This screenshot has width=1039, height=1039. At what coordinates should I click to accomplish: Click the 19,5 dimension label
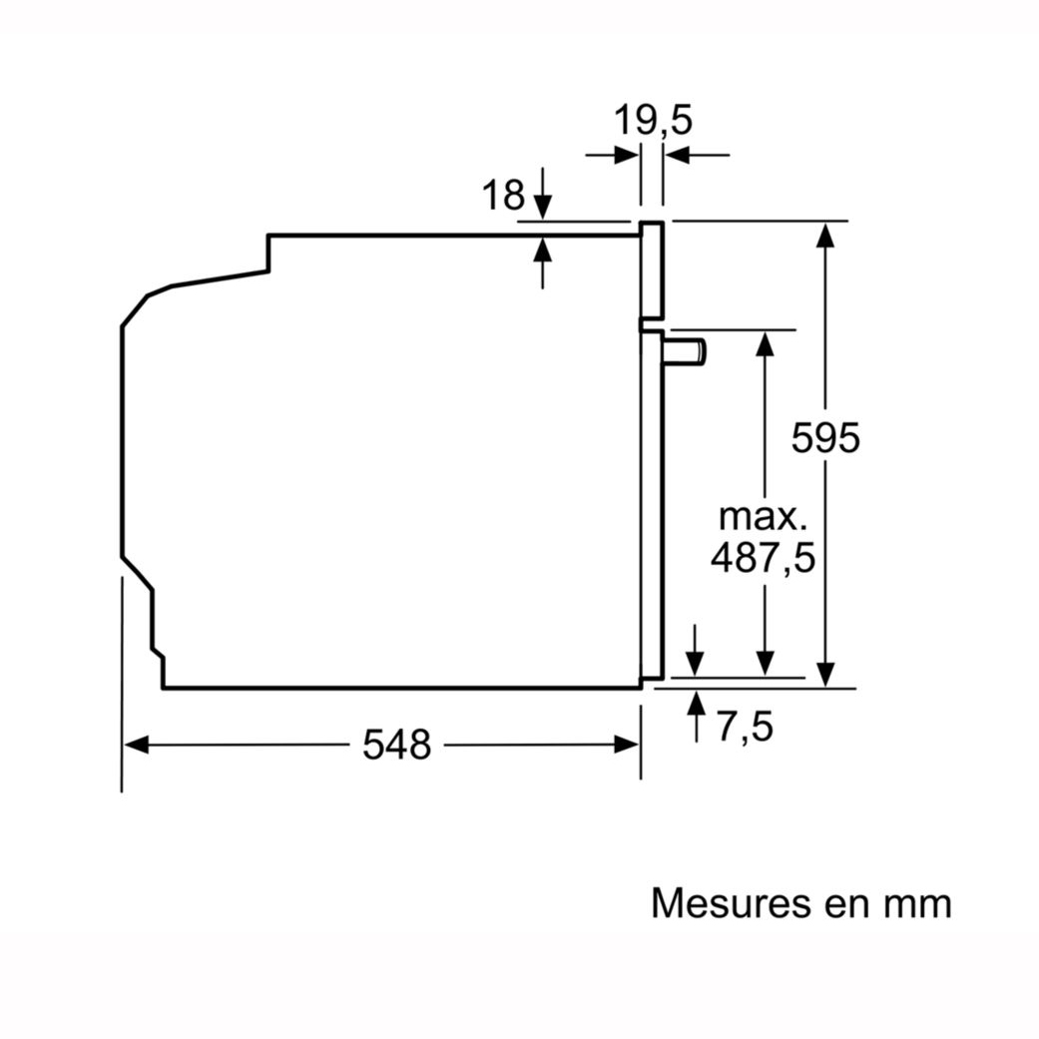coord(653,121)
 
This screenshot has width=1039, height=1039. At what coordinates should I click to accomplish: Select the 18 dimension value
coord(503,196)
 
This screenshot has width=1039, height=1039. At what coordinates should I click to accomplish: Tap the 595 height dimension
coord(825,437)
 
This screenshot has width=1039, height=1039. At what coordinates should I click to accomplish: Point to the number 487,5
coord(763,558)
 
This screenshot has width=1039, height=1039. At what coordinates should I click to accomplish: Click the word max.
coord(764,517)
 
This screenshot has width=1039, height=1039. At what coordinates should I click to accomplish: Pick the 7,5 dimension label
coord(745,727)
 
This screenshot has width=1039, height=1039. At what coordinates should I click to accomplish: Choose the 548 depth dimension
coord(397,745)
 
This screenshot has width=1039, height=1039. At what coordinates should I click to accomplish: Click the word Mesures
coord(731,902)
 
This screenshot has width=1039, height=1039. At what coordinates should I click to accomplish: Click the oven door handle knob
coord(685,351)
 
